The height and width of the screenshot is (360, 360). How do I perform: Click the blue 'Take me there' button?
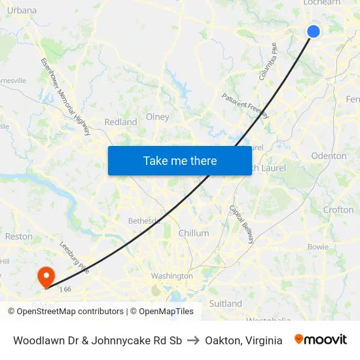[x=180, y=160]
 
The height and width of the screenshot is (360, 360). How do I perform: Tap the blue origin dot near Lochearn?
[x=314, y=31]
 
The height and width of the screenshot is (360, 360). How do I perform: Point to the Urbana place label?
[x=22, y=10]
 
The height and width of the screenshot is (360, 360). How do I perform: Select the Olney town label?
[x=157, y=117]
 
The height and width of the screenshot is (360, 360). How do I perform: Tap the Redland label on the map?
[x=120, y=122]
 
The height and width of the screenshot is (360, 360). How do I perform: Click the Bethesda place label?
[x=144, y=221]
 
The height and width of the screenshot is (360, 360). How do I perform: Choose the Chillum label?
[x=194, y=233]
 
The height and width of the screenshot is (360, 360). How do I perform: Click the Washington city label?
[x=171, y=276]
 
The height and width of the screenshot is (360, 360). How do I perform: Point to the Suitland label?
[x=225, y=304]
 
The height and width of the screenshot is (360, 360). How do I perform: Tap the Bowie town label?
[x=318, y=247]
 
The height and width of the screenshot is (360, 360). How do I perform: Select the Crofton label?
[x=338, y=210]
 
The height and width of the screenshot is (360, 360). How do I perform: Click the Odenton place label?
[x=329, y=156]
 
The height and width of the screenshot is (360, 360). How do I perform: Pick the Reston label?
[x=18, y=236]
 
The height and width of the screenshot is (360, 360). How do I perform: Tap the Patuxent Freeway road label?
[x=245, y=105]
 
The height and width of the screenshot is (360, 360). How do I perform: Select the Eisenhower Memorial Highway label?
[x=65, y=96]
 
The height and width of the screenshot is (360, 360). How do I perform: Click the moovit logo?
[x=320, y=340]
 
